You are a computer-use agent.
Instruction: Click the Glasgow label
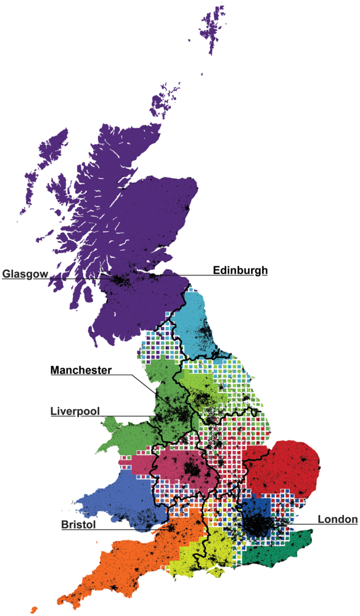click(25, 274)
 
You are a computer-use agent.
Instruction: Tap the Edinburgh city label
click(240, 270)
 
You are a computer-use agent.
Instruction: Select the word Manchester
click(81, 370)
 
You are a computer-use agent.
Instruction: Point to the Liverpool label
click(75, 411)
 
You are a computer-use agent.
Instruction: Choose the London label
click(337, 519)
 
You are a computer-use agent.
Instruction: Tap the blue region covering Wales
click(117, 493)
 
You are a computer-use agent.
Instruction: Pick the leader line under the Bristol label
click(123, 530)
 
